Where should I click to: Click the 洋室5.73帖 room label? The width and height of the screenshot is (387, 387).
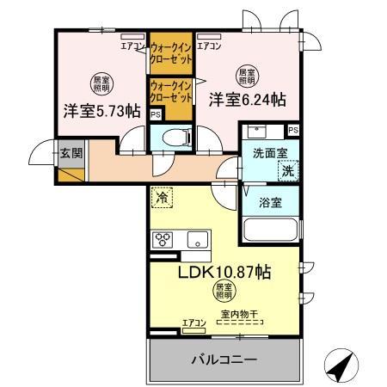pyautogui.click(x=101, y=111)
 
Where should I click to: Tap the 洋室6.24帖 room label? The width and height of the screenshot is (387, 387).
pyautogui.click(x=247, y=100)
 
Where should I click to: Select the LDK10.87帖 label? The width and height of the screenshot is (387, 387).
pyautogui.click(x=224, y=273)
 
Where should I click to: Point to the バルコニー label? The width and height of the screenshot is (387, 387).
pyautogui.click(x=224, y=359)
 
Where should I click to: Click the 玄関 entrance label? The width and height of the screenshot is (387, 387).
pyautogui.click(x=71, y=154)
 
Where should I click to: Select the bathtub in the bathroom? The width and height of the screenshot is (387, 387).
pyautogui.click(x=270, y=230)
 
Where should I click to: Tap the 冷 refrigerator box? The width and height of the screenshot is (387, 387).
pyautogui.click(x=162, y=197)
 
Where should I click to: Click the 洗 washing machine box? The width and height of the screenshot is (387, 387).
pyautogui.click(x=290, y=171)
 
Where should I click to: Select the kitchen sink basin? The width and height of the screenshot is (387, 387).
pyautogui.click(x=198, y=240)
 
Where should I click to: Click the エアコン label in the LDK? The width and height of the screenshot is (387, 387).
pyautogui.click(x=193, y=322)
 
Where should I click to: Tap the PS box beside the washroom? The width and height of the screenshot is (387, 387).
pyautogui.click(x=293, y=130)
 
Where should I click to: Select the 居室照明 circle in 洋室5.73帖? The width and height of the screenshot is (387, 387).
pyautogui.click(x=100, y=84)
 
